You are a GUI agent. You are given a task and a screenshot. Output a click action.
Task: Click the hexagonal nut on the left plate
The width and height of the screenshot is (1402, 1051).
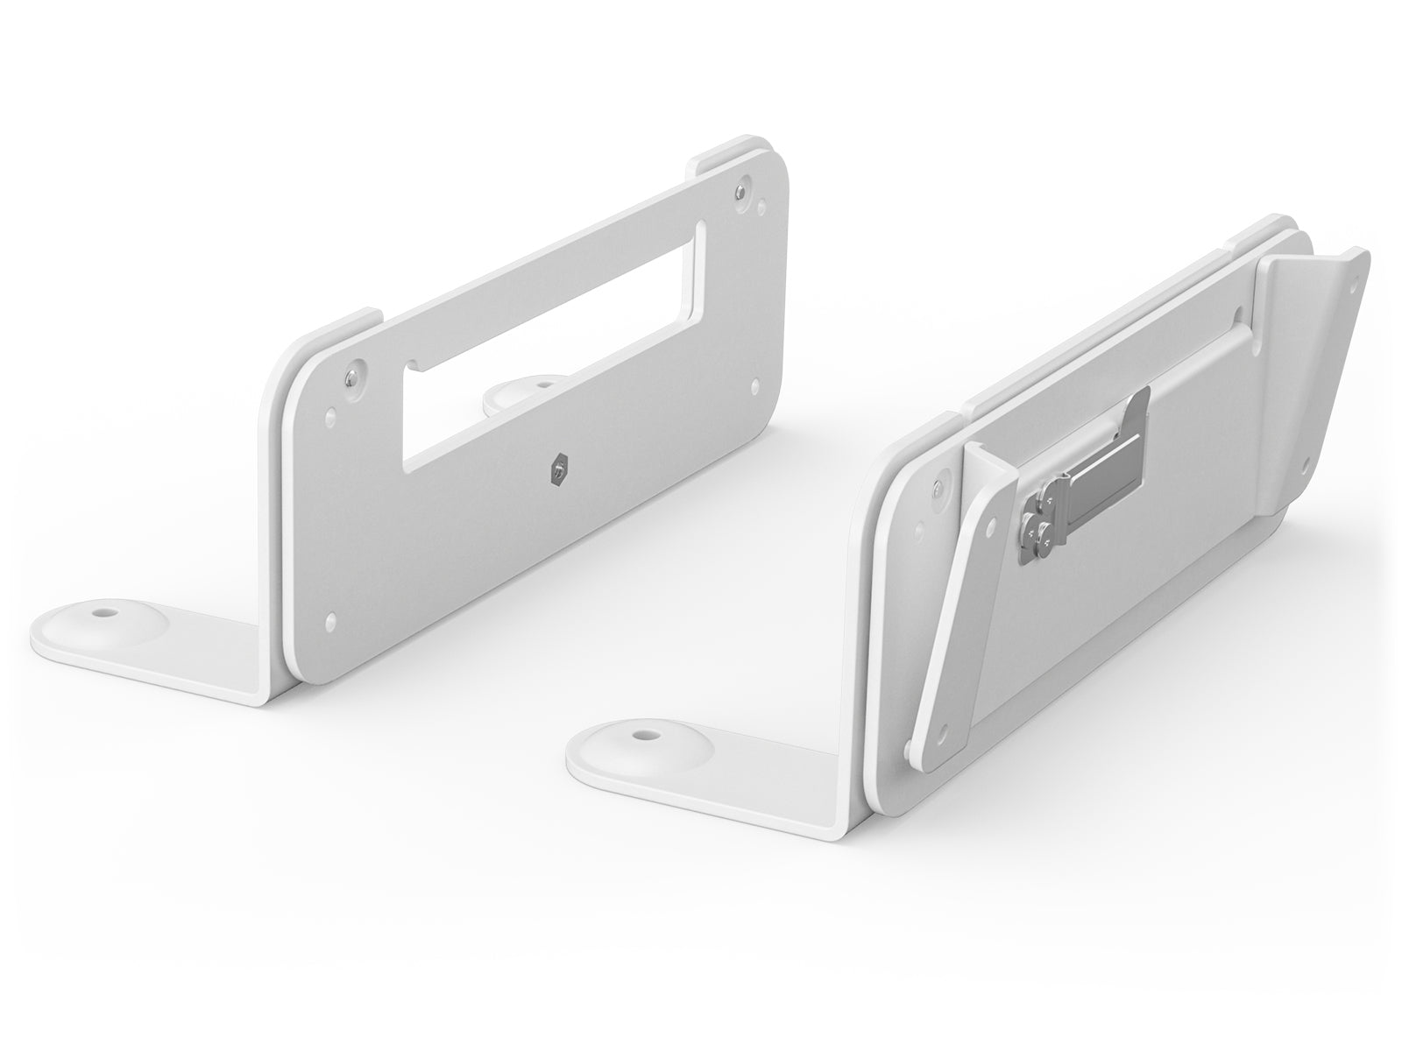point(557,472)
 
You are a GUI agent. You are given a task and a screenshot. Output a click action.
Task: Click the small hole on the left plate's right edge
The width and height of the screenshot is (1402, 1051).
point(755,383)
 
